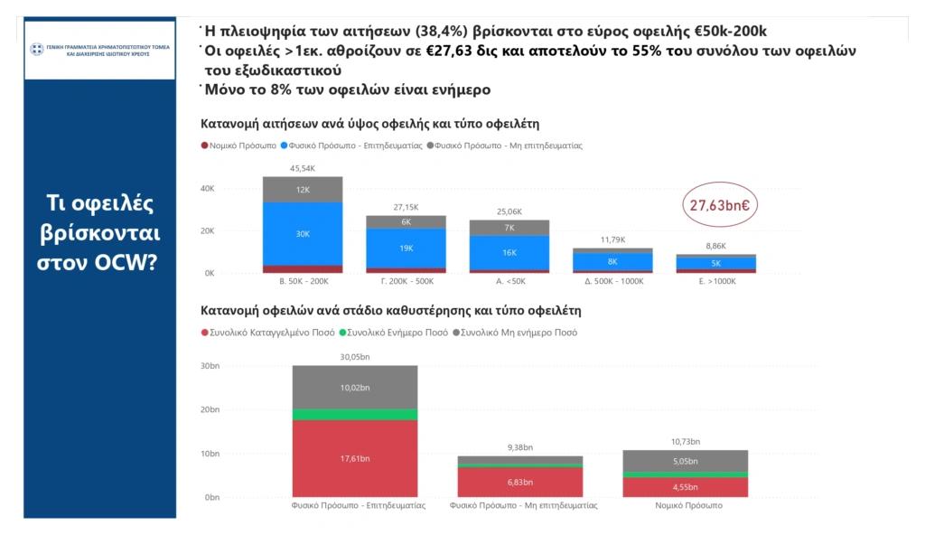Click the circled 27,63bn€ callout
tap(719, 205)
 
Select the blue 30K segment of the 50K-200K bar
tap(303, 233)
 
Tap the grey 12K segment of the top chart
tap(303, 189)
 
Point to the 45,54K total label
tap(303, 169)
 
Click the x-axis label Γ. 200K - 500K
tap(406, 282)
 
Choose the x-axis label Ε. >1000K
tap(715, 282)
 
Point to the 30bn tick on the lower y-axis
tap(210, 366)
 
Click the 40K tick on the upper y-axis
tap(207, 189)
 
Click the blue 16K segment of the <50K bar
tap(509, 253)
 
